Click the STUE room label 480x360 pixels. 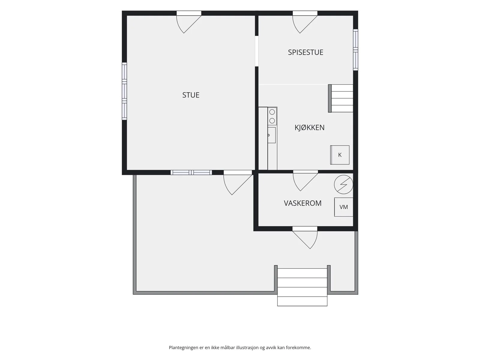click(191, 95)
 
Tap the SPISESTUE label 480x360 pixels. click(305, 52)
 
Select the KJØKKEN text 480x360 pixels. click(309, 127)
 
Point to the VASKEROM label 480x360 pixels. click(303, 203)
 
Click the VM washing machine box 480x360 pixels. click(343, 207)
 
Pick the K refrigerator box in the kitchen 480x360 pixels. click(340, 155)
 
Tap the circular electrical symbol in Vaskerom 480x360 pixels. click(343, 184)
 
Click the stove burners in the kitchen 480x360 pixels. click(272, 116)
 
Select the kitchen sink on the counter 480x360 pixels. click(271, 135)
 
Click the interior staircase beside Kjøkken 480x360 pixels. click(341, 98)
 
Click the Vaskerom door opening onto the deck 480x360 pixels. click(305, 237)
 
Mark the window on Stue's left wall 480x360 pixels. click(124, 91)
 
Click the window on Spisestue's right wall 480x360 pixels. click(355, 50)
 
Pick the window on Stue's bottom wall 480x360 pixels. click(191, 172)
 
